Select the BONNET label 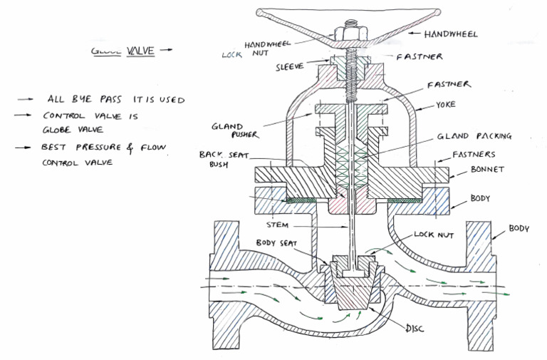coord(489,170)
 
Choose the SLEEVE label coord(290,66)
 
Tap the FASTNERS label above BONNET coord(474,154)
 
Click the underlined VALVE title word coord(140,51)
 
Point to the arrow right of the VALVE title coord(166,51)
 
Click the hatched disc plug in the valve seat coord(350,291)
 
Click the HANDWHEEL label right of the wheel coord(451,34)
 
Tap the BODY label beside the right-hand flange coord(519,230)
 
